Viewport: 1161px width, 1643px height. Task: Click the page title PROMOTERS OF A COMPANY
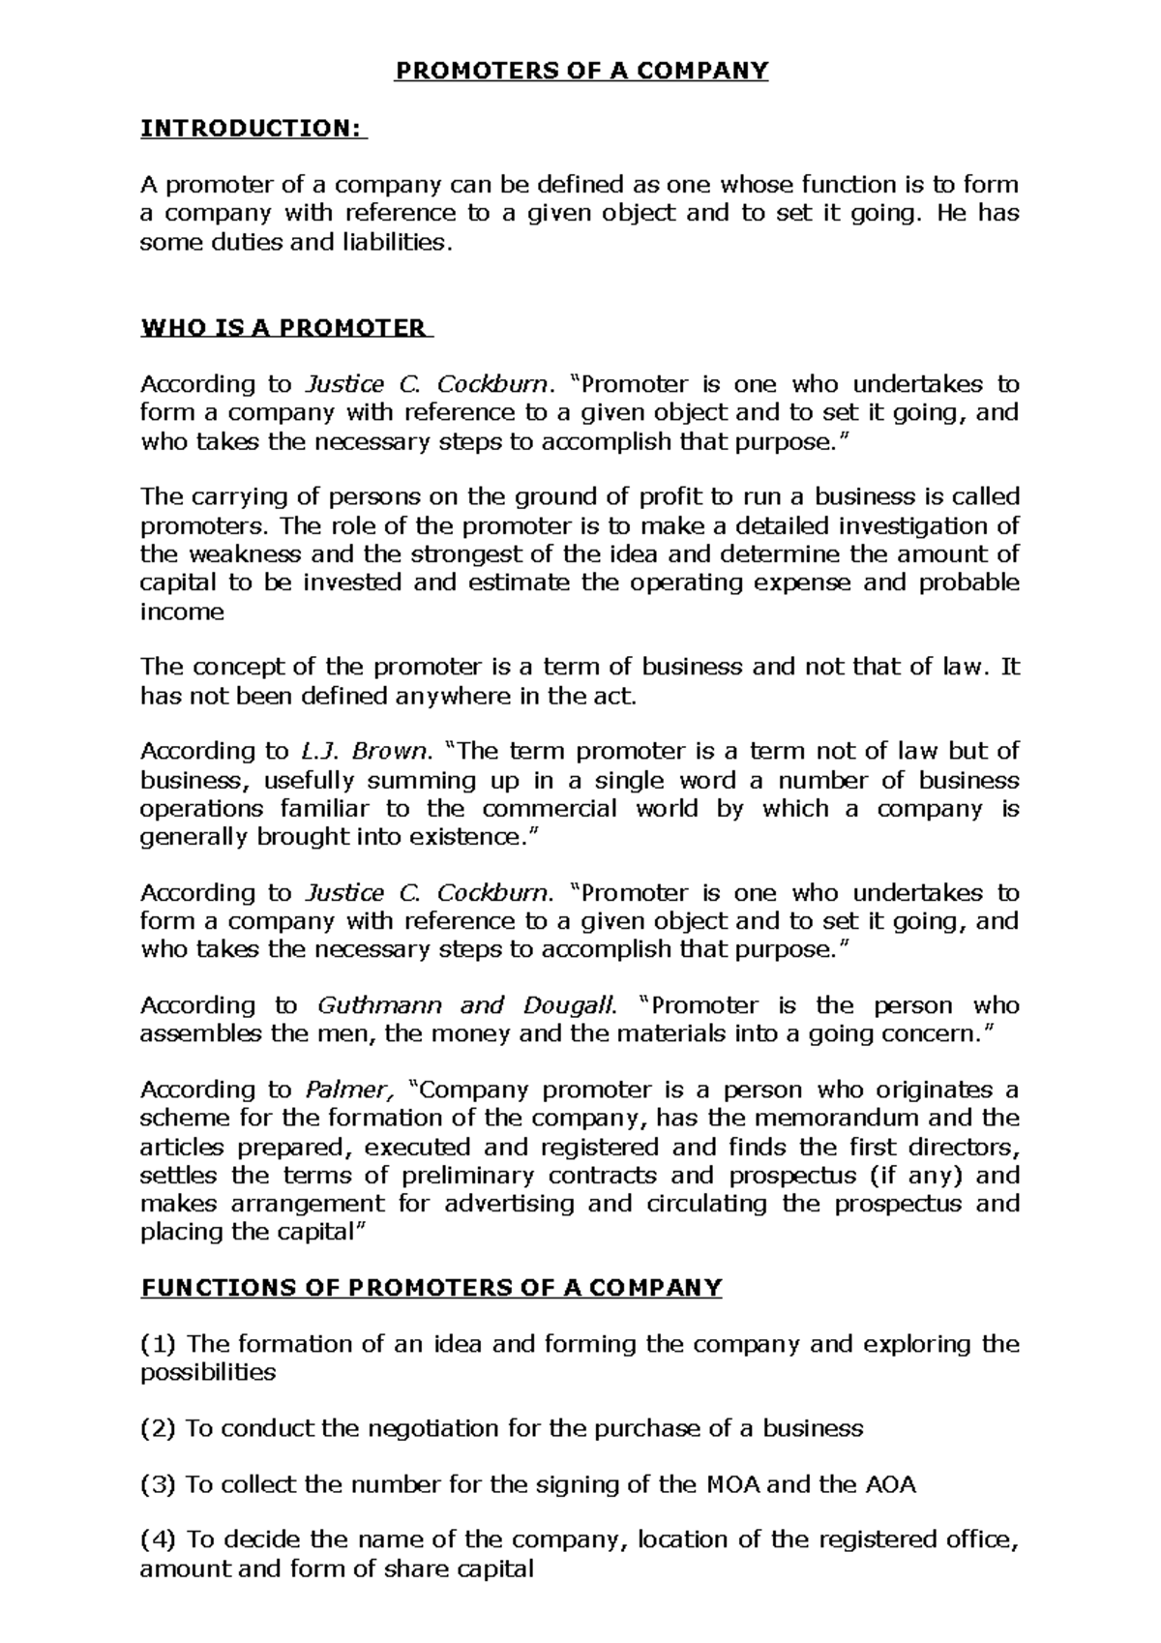(580, 71)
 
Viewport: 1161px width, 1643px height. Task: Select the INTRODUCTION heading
(253, 128)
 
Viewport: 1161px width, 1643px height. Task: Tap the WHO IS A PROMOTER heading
(285, 327)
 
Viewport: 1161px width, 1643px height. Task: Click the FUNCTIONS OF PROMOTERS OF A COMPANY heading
(432, 1288)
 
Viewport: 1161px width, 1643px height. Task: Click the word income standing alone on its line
(182, 612)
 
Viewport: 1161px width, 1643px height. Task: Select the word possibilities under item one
(208, 1372)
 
